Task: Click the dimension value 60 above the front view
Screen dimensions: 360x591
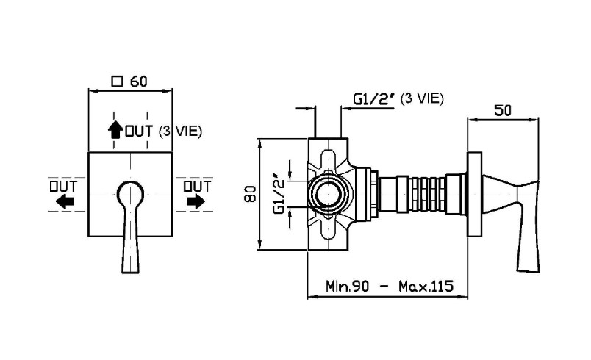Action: tap(141, 80)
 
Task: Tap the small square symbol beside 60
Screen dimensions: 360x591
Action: tap(116, 81)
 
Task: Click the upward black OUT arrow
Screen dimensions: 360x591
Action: tap(115, 130)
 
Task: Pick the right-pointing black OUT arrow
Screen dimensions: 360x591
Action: tap(196, 201)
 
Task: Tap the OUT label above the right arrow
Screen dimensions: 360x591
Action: tap(197, 185)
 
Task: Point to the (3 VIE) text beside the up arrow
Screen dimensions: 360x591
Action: tap(179, 132)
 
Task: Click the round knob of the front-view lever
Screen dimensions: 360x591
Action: tap(130, 192)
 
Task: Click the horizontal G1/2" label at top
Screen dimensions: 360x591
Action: tap(375, 98)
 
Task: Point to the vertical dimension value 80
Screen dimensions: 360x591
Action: tap(249, 194)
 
